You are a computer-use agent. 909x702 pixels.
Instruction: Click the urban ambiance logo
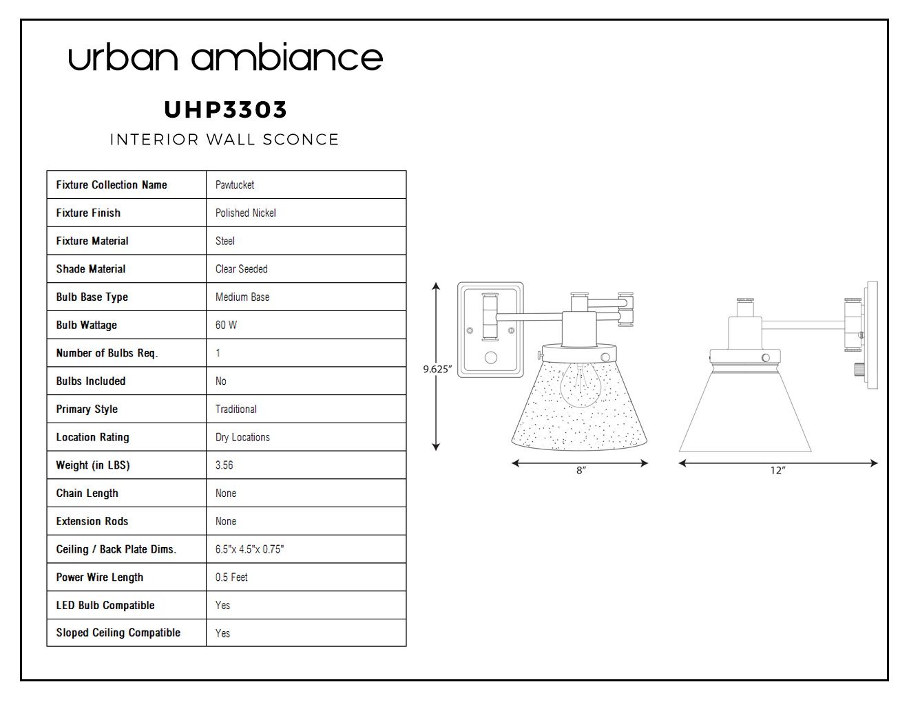(x=225, y=57)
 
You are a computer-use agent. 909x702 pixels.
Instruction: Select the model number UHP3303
(x=225, y=110)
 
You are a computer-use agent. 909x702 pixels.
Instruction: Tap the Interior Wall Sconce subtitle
(x=224, y=140)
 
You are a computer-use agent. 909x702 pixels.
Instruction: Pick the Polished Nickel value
(x=246, y=213)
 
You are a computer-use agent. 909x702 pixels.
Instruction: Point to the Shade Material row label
(x=91, y=269)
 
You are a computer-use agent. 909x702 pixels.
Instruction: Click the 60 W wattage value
(x=226, y=325)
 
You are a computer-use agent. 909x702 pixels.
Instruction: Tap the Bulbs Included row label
(x=91, y=381)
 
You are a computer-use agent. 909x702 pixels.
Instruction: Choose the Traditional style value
(x=236, y=409)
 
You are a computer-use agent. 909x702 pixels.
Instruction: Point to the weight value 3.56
(x=224, y=465)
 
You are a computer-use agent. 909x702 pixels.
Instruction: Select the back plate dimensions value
(x=249, y=549)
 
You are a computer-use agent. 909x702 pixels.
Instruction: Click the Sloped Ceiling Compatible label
(x=118, y=632)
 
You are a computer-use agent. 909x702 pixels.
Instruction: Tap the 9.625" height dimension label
(x=437, y=369)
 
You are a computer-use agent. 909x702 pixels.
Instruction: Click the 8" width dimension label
(x=581, y=470)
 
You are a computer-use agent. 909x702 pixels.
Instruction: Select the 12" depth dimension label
(x=777, y=470)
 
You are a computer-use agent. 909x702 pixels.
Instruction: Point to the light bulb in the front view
(x=580, y=385)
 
